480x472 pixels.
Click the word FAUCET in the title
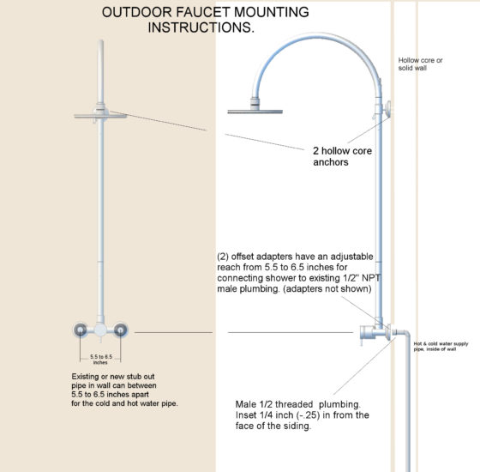tap(197, 13)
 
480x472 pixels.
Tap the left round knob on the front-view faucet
tap(81, 330)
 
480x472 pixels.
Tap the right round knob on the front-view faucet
tap(121, 330)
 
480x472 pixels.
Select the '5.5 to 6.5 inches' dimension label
tap(101, 359)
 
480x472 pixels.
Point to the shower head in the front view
tap(100, 115)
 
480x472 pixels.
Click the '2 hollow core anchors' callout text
tap(343, 155)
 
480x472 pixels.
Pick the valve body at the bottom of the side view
tap(374, 330)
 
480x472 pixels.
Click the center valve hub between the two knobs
tap(101, 330)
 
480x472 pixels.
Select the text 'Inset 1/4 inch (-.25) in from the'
tap(302, 415)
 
